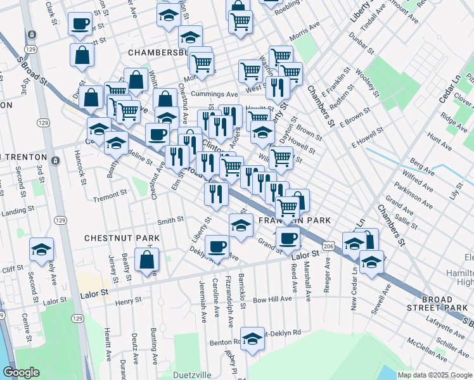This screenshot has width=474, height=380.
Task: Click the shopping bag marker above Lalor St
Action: click(x=146, y=260)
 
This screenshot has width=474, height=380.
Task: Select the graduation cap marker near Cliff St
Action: click(x=41, y=250)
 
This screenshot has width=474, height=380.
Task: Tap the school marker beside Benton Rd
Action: click(x=252, y=338)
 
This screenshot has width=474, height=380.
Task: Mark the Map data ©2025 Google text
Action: click(x=434, y=375)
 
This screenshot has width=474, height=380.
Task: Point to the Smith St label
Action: click(x=170, y=220)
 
